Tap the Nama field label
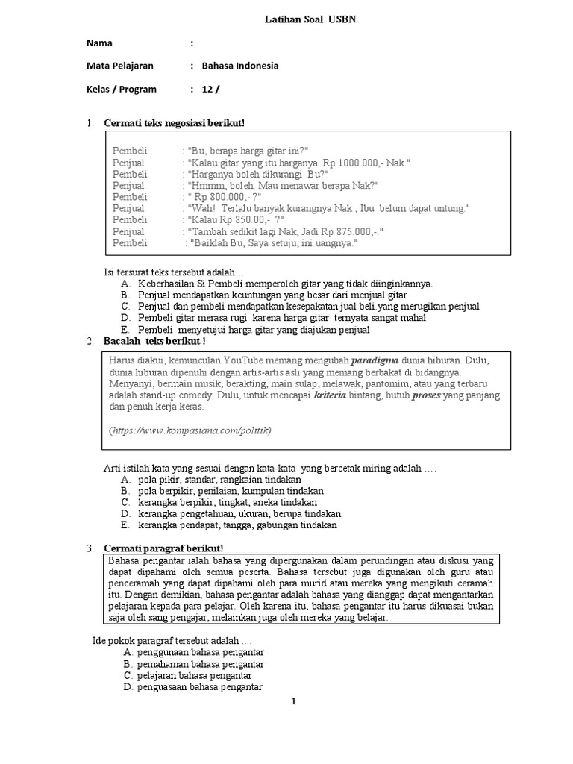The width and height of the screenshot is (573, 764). tap(100, 43)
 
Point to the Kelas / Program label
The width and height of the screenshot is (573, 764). tap(122, 89)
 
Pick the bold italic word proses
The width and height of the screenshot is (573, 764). tap(422, 395)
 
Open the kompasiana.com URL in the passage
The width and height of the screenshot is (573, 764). tap(190, 430)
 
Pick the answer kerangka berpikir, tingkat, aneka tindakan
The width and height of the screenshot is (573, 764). tap(228, 502)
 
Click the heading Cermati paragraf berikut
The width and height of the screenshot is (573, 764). tap(158, 548)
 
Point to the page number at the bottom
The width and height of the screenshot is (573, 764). tap(294, 701)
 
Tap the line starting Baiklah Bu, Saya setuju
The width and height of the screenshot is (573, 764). tap(273, 243)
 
